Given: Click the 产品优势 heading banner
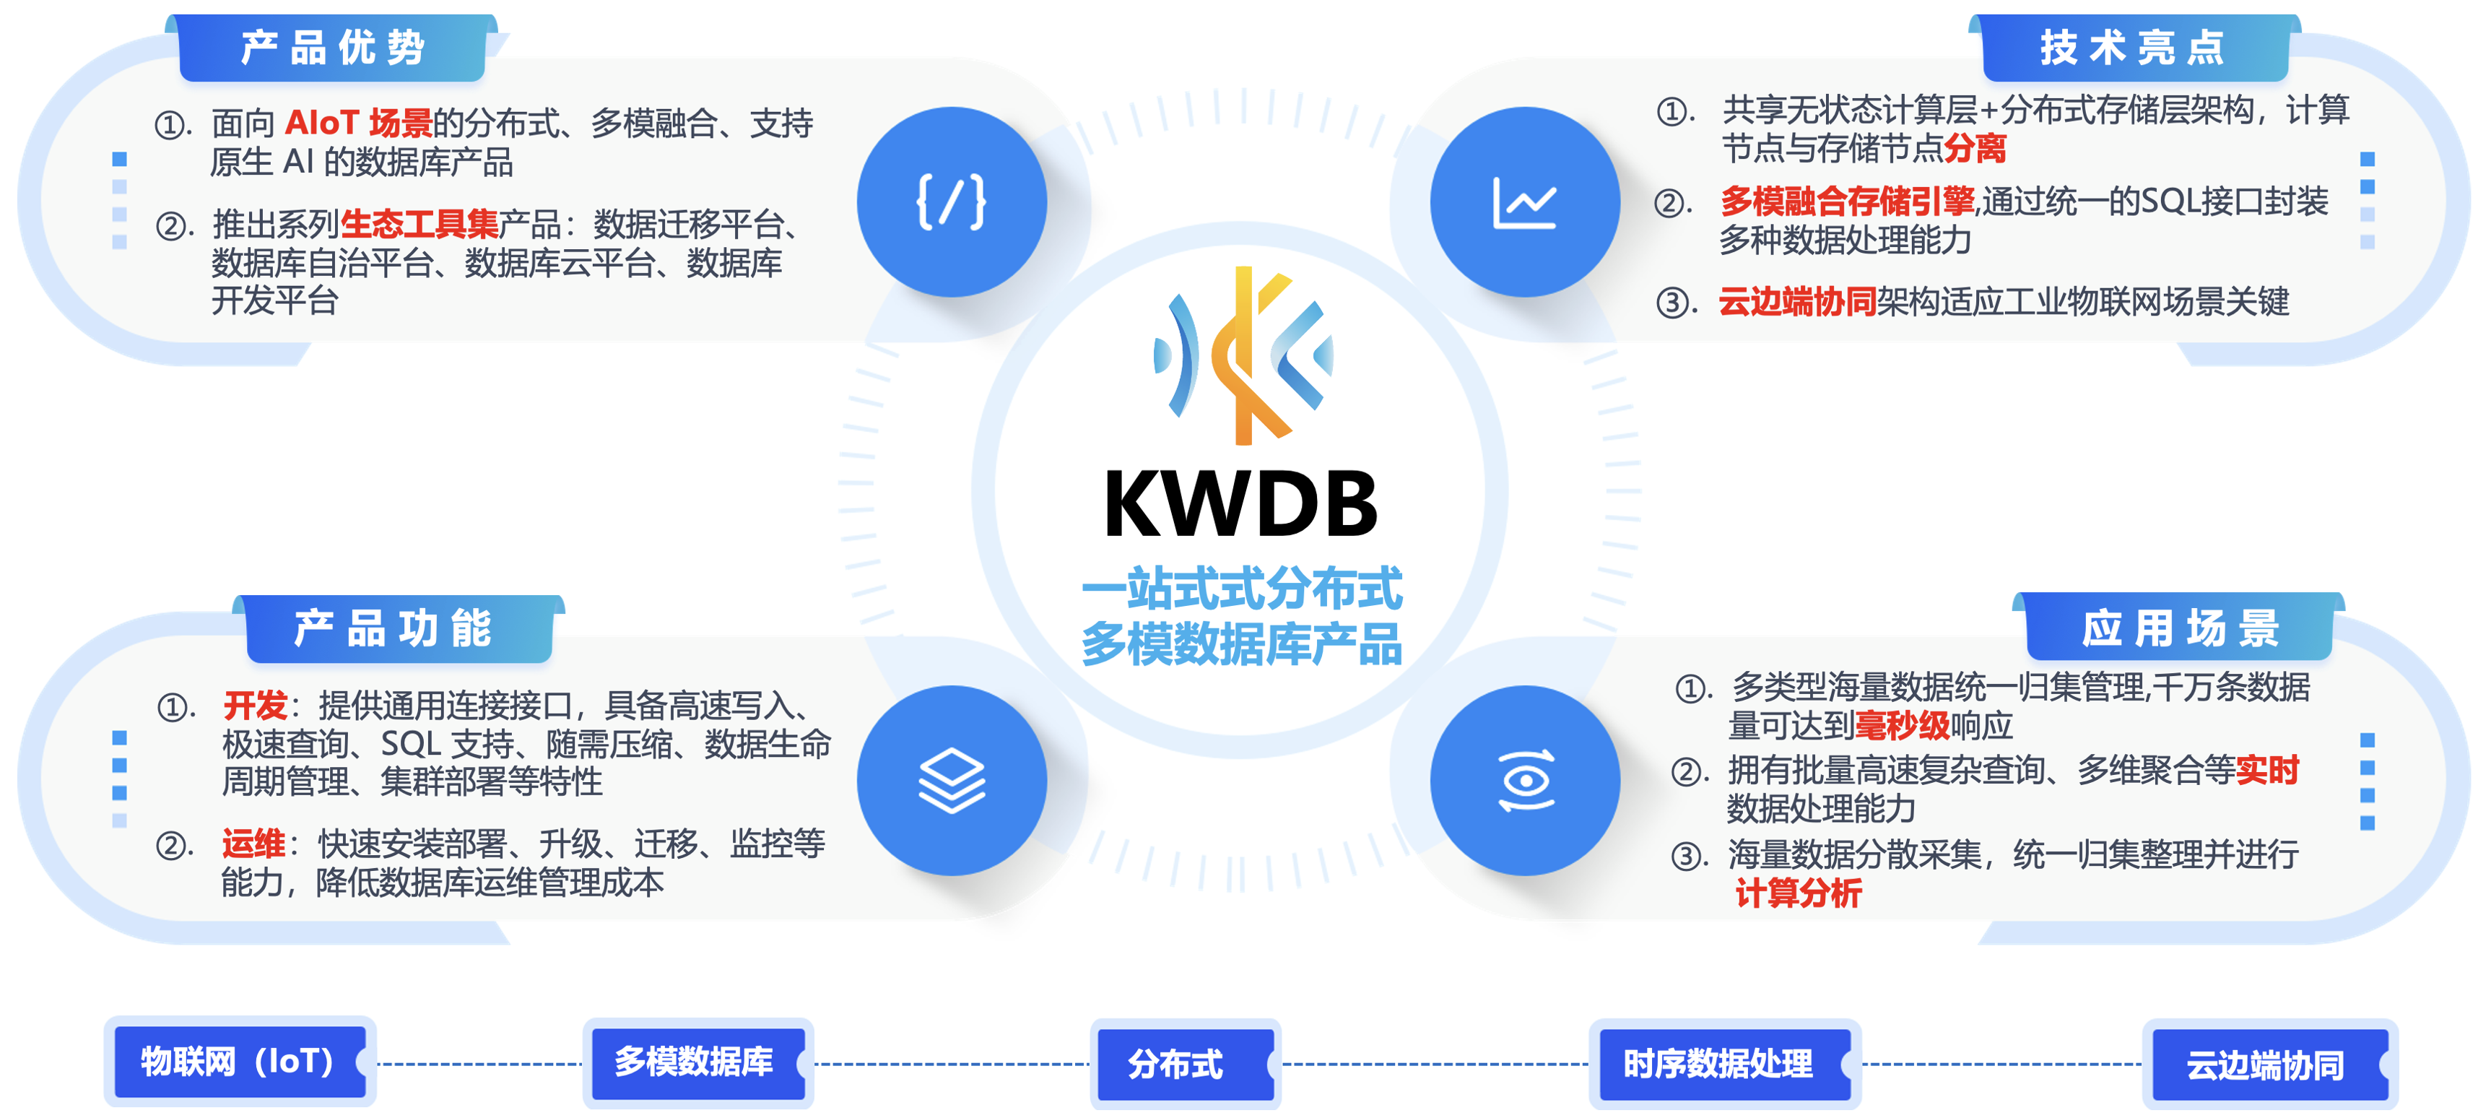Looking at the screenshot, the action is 332,48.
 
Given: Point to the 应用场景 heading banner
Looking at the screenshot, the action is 2180,628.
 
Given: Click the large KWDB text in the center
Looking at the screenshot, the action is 1241,505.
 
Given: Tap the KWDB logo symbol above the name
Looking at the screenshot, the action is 1243,355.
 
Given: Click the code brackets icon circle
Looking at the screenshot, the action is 952,202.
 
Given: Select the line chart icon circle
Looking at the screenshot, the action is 1525,202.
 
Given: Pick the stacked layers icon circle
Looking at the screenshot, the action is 952,780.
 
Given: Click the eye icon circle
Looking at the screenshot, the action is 1525,780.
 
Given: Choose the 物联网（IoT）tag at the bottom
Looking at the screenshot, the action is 238,1061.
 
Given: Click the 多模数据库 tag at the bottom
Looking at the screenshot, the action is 695,1061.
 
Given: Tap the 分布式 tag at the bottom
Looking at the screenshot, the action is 1175,1064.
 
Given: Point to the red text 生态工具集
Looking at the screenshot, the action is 419,224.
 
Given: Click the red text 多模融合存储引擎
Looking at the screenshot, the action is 1847,201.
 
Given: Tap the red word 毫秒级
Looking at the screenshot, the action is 1902,725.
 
